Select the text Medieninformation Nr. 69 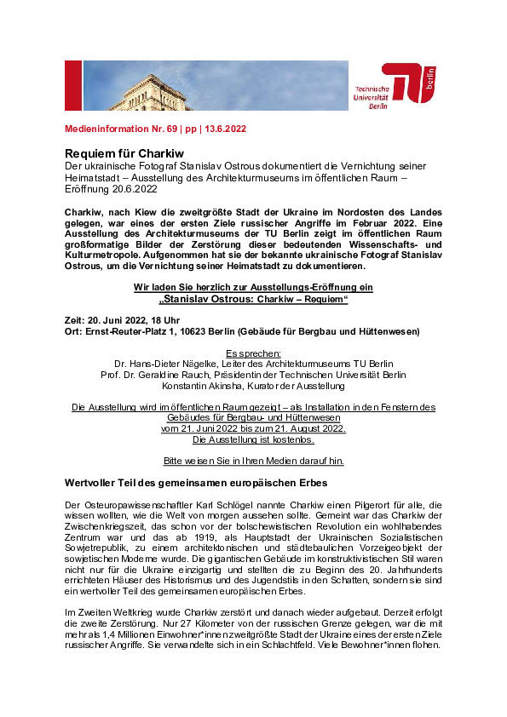118,129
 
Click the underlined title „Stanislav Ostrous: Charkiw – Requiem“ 253,300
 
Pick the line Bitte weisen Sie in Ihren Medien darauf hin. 253,461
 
